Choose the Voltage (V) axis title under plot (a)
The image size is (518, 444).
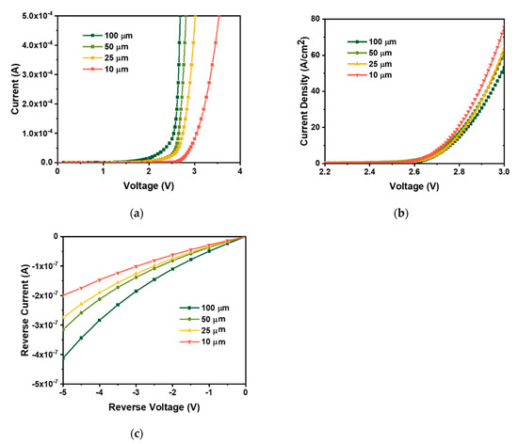pos(149,186)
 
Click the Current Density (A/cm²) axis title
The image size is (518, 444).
pos(291,88)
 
